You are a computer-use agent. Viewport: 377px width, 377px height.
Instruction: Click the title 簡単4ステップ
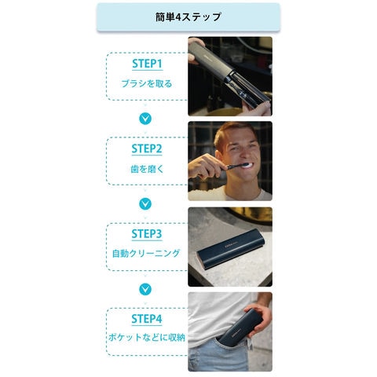click(188, 17)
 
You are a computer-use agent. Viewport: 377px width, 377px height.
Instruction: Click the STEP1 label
click(147, 64)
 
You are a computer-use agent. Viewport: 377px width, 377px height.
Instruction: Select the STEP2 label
click(147, 148)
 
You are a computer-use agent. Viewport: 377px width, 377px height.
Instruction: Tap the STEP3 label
click(147, 234)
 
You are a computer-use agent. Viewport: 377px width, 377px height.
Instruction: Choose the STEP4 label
click(147, 319)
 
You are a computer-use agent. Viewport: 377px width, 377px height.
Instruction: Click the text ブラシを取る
click(147, 84)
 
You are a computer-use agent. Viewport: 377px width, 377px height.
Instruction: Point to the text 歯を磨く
click(147, 169)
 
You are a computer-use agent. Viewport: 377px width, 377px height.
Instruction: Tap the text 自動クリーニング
click(146, 254)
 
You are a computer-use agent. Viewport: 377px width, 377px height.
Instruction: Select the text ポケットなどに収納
click(147, 337)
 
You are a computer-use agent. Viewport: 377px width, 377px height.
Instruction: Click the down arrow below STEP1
click(145, 119)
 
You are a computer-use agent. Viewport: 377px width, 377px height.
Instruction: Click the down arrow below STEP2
click(145, 203)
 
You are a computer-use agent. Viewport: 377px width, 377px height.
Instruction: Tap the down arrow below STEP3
click(145, 289)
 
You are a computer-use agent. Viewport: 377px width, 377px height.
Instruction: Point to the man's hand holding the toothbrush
click(206, 167)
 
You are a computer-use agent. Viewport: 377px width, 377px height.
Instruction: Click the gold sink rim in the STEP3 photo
click(250, 215)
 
